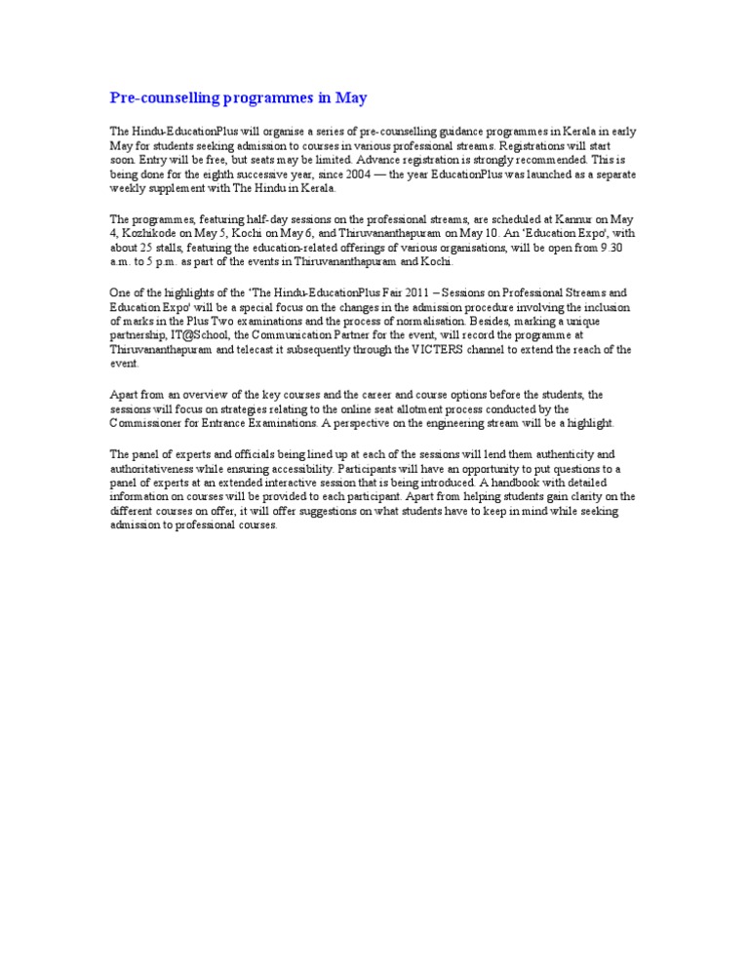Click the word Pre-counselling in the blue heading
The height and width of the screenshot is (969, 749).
pos(160,98)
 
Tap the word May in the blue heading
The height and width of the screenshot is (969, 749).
pos(352,98)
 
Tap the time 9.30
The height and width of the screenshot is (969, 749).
pos(611,248)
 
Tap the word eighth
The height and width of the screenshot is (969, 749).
pos(216,174)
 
